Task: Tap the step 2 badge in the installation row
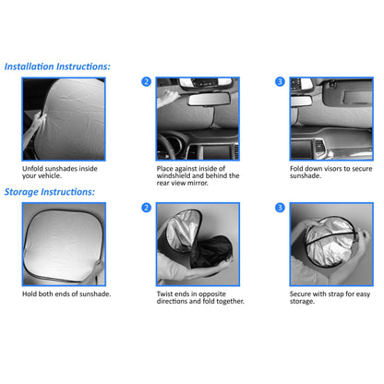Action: click(x=146, y=82)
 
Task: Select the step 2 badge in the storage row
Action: click(x=146, y=208)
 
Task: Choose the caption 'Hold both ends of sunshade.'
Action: click(x=66, y=294)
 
